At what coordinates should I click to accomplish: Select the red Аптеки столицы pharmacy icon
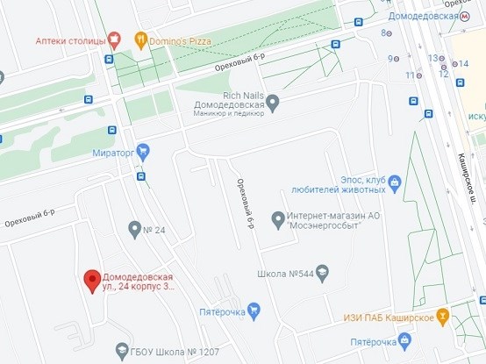(112, 39)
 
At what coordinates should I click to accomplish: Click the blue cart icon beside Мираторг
(143, 152)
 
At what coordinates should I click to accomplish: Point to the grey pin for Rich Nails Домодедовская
(273, 103)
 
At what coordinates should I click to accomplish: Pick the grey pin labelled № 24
(134, 230)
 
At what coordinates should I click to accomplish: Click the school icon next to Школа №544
(321, 273)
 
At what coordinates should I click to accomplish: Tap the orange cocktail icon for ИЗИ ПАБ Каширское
(443, 316)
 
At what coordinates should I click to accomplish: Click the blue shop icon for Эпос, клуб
(394, 182)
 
